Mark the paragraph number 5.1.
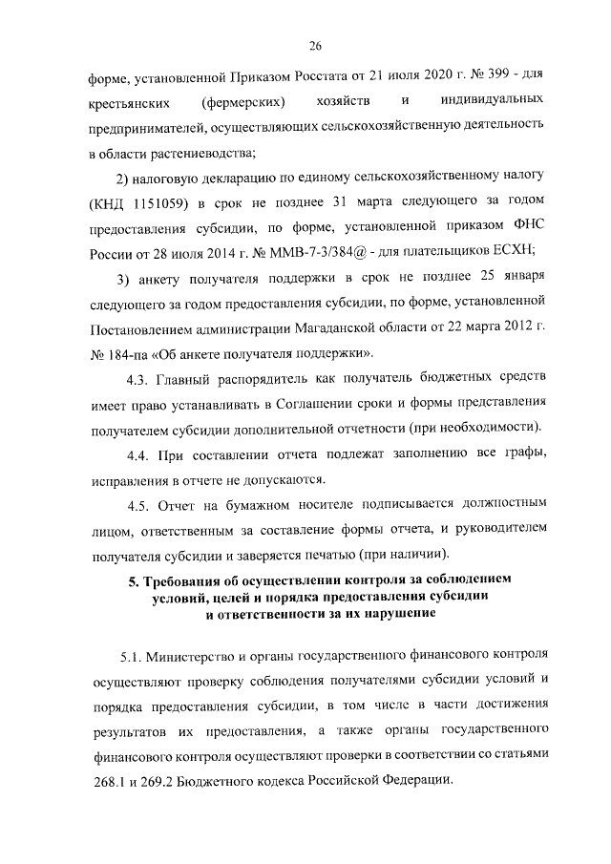point(132,658)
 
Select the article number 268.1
point(109,779)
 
